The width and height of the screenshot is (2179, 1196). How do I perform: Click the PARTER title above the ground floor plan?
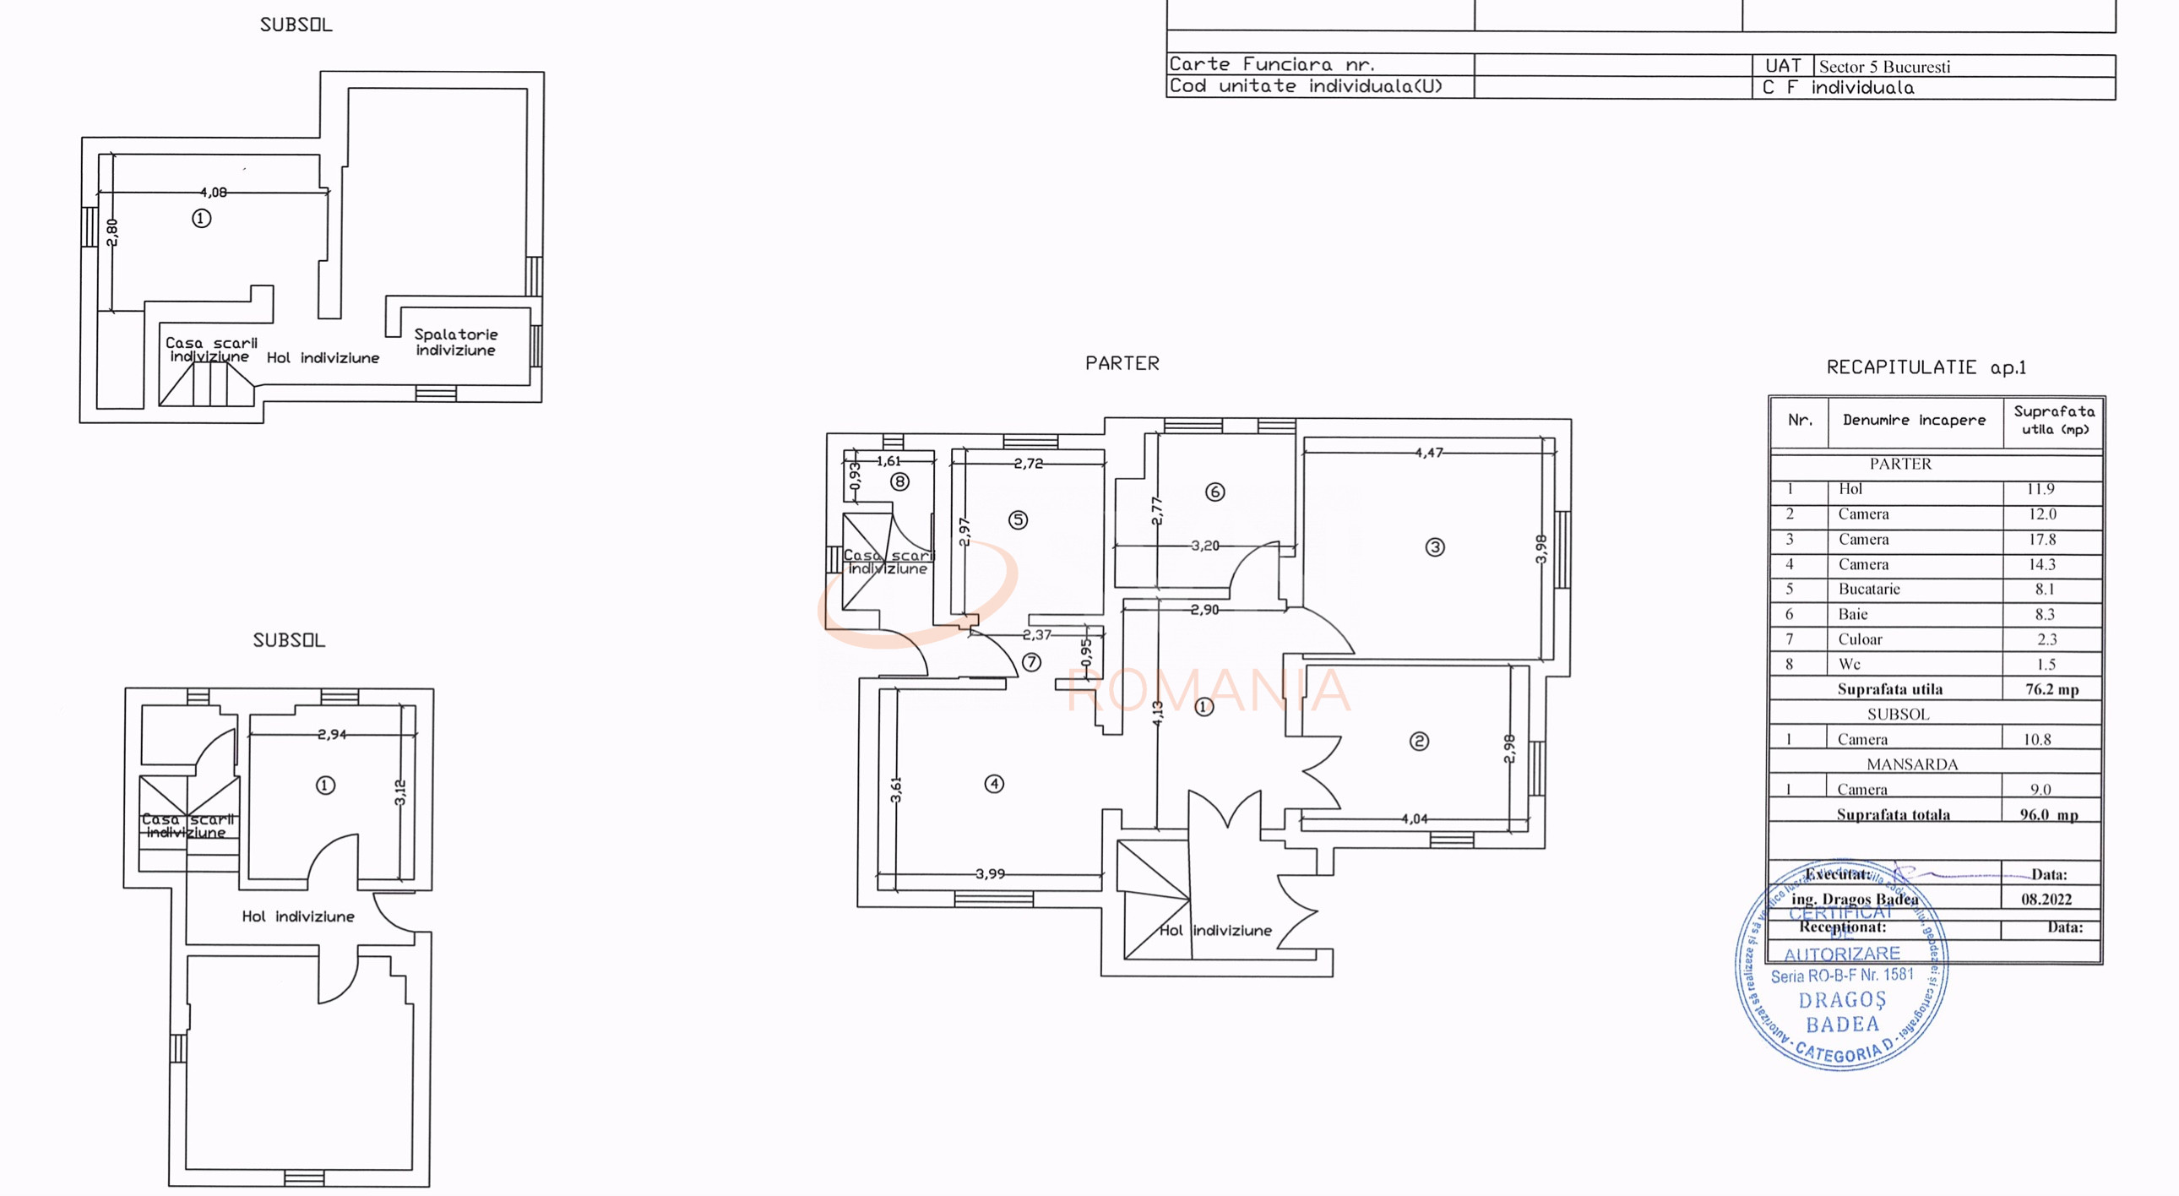pyautogui.click(x=1122, y=363)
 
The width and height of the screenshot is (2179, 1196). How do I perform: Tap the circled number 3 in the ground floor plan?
pyautogui.click(x=1435, y=547)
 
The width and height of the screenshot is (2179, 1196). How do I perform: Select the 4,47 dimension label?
pyautogui.click(x=1429, y=453)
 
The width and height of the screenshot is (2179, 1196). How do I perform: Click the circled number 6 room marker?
pyautogui.click(x=1214, y=492)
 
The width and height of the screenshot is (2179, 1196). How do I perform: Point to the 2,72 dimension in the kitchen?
pyautogui.click(x=1028, y=463)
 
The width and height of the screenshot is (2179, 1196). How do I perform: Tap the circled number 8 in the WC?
pyautogui.click(x=899, y=482)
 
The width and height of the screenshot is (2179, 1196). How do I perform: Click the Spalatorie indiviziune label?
pyautogui.click(x=455, y=342)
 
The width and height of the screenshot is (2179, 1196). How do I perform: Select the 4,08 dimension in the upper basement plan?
pyautogui.click(x=213, y=192)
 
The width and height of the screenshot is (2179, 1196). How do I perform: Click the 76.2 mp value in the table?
pyautogui.click(x=2051, y=689)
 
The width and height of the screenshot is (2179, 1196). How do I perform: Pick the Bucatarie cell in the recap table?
pyautogui.click(x=1868, y=589)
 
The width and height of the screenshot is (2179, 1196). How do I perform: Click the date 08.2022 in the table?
pyautogui.click(x=2046, y=900)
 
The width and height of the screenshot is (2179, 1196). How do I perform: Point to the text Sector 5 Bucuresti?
pyautogui.click(x=1883, y=67)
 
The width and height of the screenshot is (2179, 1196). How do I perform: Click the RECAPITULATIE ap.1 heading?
pyautogui.click(x=1926, y=367)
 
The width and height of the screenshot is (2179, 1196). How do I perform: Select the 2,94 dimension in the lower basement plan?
pyautogui.click(x=332, y=734)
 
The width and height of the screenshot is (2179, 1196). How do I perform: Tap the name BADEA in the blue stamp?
pyautogui.click(x=1841, y=1025)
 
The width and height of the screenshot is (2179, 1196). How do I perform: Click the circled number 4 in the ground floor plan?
pyautogui.click(x=994, y=784)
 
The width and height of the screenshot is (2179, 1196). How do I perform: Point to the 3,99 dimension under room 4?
pyautogui.click(x=990, y=873)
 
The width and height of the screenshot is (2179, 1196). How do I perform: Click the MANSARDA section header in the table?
pyautogui.click(x=1912, y=764)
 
